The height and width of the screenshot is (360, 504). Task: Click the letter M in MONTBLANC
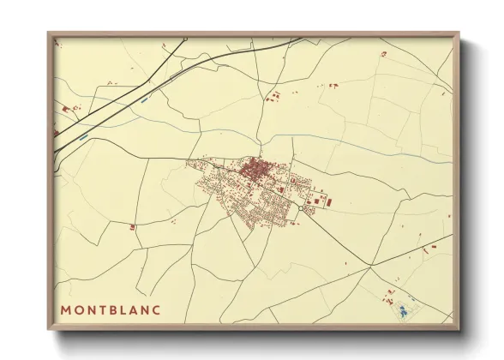66,309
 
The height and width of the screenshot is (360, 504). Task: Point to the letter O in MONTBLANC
80,309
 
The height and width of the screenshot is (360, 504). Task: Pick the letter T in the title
106,309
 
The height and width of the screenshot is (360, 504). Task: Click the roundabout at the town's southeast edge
305,208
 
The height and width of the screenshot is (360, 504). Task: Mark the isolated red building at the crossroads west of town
132,227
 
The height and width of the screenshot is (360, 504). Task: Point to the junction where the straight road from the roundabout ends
369,267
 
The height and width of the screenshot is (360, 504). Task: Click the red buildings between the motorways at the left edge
69,109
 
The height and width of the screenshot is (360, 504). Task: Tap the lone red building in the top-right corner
383,54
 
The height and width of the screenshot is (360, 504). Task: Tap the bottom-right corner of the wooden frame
459,329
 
